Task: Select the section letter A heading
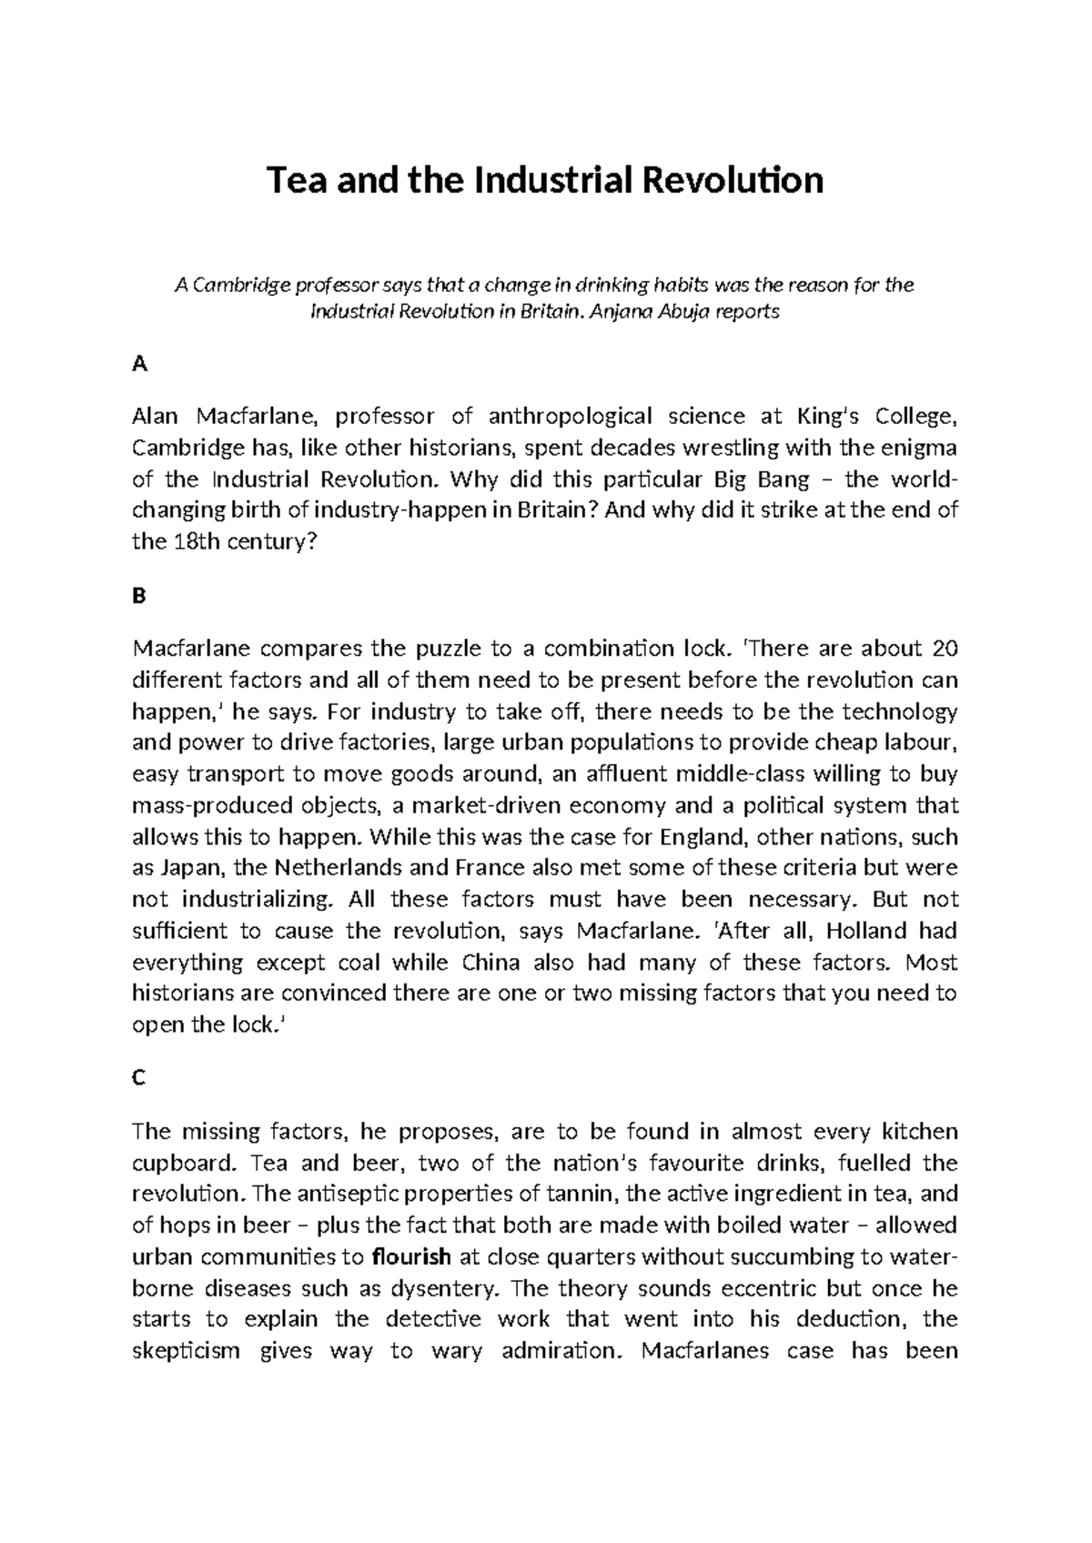pos(139,365)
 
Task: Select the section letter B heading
pos(138,597)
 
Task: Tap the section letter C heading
pos(138,1078)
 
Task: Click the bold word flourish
pos(412,1257)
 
